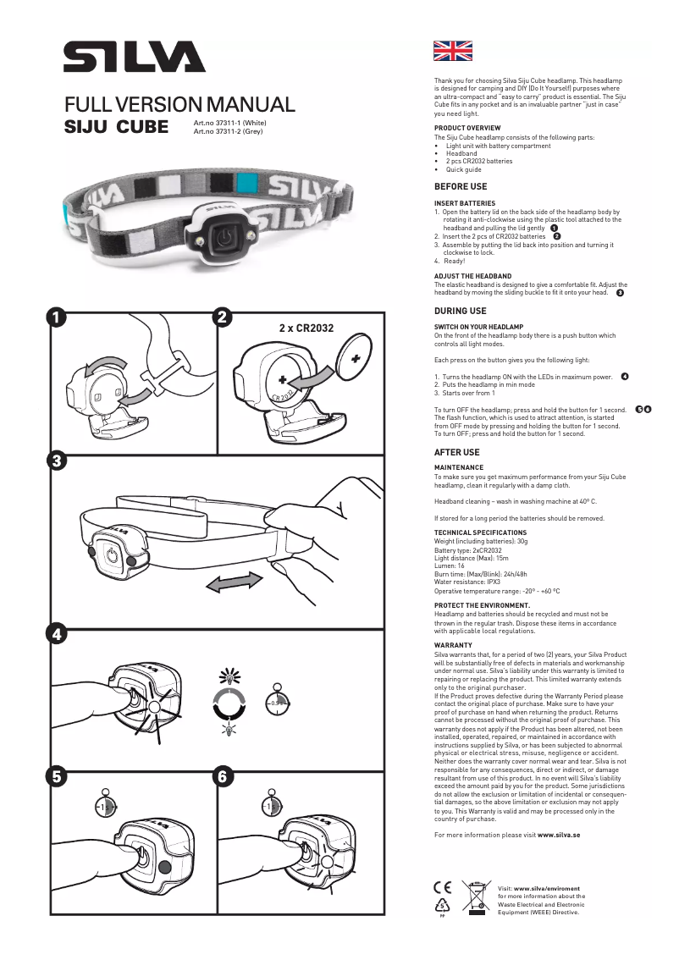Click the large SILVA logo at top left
(x=134, y=58)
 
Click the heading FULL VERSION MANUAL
(x=179, y=105)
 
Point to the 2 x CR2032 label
(x=306, y=328)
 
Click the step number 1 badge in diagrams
(x=56, y=317)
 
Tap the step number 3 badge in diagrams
(x=56, y=461)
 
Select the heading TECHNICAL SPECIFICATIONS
(x=480, y=532)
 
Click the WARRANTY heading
(x=453, y=645)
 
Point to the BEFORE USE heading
(x=461, y=186)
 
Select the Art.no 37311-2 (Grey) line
(x=229, y=132)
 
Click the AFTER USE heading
(x=457, y=452)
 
